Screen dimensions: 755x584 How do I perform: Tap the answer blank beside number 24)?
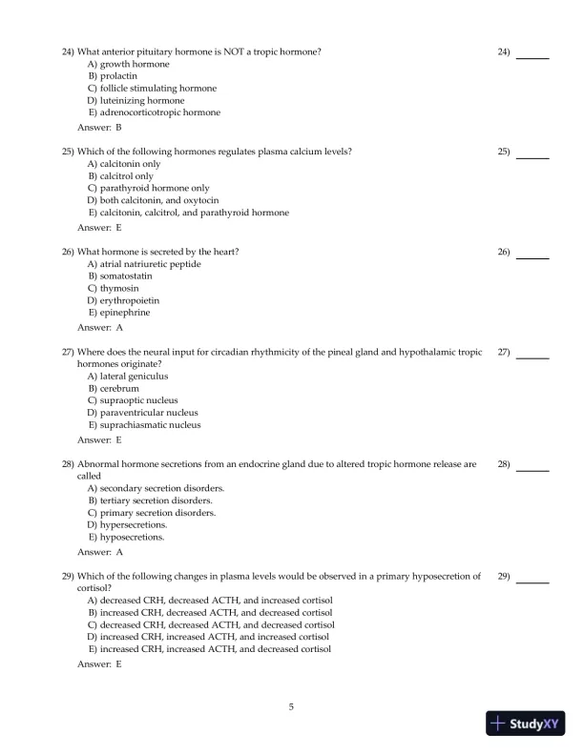click(x=532, y=52)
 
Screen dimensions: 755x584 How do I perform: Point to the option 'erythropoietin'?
click(x=131, y=300)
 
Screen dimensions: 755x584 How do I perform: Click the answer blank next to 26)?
click(x=532, y=253)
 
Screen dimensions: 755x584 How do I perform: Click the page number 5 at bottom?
click(x=291, y=706)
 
